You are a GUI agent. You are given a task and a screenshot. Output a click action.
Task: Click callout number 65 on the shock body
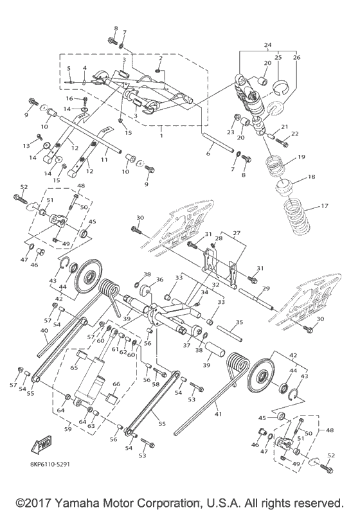pyautogui.click(x=73, y=368)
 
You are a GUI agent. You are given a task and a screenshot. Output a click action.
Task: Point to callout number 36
pyautogui.click(x=159, y=279)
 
